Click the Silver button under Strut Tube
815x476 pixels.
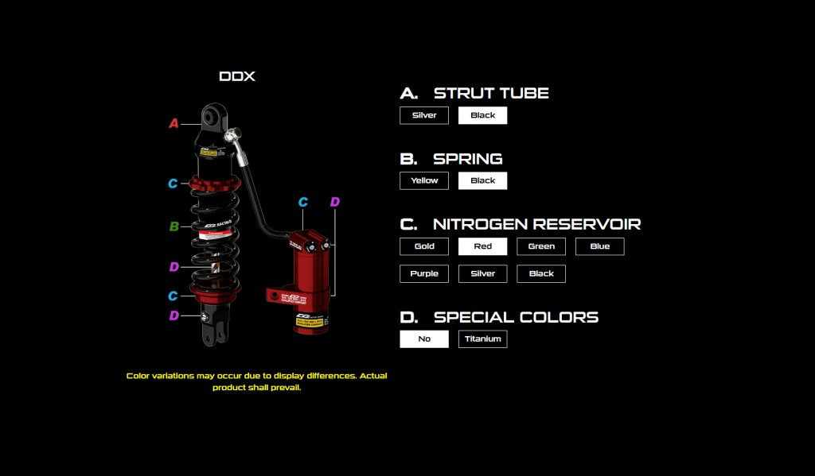[424, 115]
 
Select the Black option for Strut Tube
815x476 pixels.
[482, 115]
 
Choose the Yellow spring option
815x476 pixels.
[424, 180]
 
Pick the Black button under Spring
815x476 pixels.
[482, 180]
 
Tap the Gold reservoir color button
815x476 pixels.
[424, 246]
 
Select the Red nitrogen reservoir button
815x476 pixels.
[482, 246]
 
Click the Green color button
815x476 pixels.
[541, 246]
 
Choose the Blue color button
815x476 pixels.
[599, 246]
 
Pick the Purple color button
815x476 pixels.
[424, 273]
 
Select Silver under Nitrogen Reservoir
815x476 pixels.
[482, 273]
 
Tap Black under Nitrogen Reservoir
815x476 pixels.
[541, 273]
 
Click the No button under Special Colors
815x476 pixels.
[424, 339]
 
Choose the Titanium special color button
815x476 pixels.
[482, 339]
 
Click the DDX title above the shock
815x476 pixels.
[237, 77]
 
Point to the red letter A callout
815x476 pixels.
[174, 123]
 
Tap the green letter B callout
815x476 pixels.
[174, 226]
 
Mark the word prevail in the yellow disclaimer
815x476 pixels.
[285, 388]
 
